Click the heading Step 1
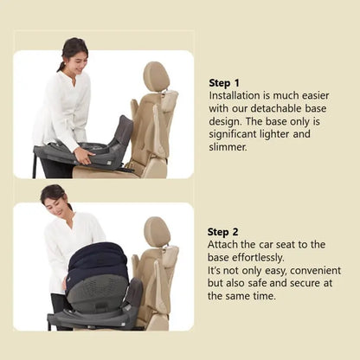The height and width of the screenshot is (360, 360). (224, 83)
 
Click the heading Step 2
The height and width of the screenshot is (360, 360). (223, 232)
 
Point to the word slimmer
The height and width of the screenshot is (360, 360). (228, 147)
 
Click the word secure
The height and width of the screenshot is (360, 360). (305, 283)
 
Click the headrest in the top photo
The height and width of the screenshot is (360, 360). (156, 76)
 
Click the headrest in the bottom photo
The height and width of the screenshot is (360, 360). (157, 232)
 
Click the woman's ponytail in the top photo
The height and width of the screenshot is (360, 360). (61, 67)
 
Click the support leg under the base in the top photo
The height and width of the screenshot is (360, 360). (35, 166)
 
